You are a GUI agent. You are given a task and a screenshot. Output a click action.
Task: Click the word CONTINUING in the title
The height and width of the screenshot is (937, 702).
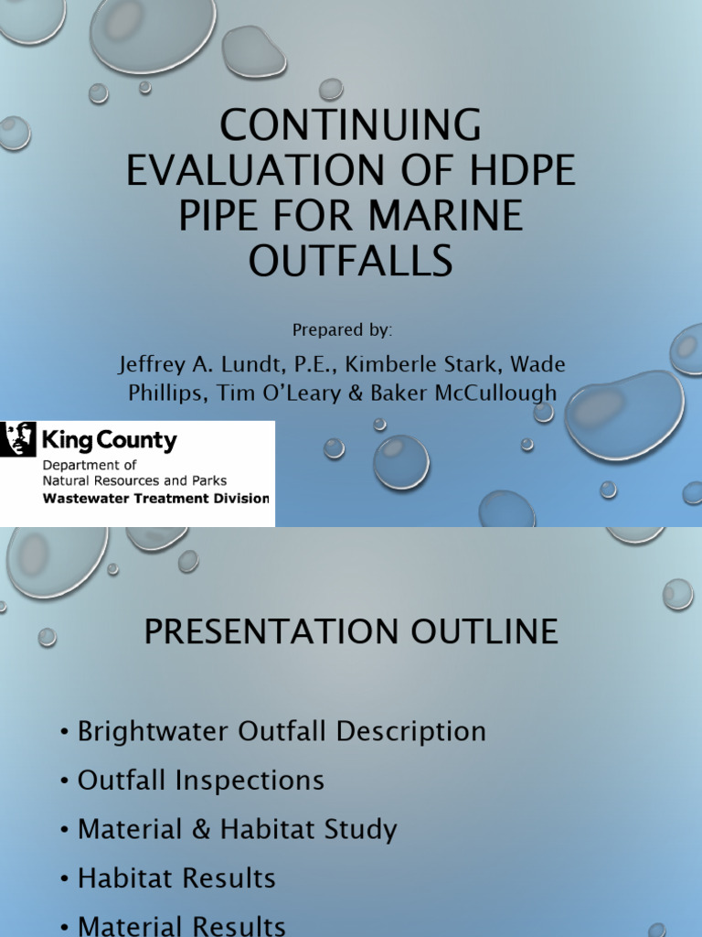tap(351, 125)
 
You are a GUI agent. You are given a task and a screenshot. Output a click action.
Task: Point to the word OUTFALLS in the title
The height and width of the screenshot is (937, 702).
tap(351, 261)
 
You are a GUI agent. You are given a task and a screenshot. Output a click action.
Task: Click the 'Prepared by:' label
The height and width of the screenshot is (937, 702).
tap(343, 329)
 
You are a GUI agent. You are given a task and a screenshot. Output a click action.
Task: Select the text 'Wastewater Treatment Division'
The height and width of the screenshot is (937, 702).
tap(156, 499)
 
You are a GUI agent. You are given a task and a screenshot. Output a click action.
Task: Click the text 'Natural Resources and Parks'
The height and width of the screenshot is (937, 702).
tap(135, 480)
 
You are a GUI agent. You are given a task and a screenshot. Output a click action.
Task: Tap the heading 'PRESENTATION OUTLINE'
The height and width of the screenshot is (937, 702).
tap(351, 632)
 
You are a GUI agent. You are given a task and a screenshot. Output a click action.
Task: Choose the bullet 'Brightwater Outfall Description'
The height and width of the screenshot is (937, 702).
tap(282, 731)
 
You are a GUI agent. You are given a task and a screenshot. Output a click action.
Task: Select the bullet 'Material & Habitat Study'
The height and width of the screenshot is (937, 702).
tap(237, 830)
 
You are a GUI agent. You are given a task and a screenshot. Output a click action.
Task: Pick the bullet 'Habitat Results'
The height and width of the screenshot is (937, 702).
tap(176, 878)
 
